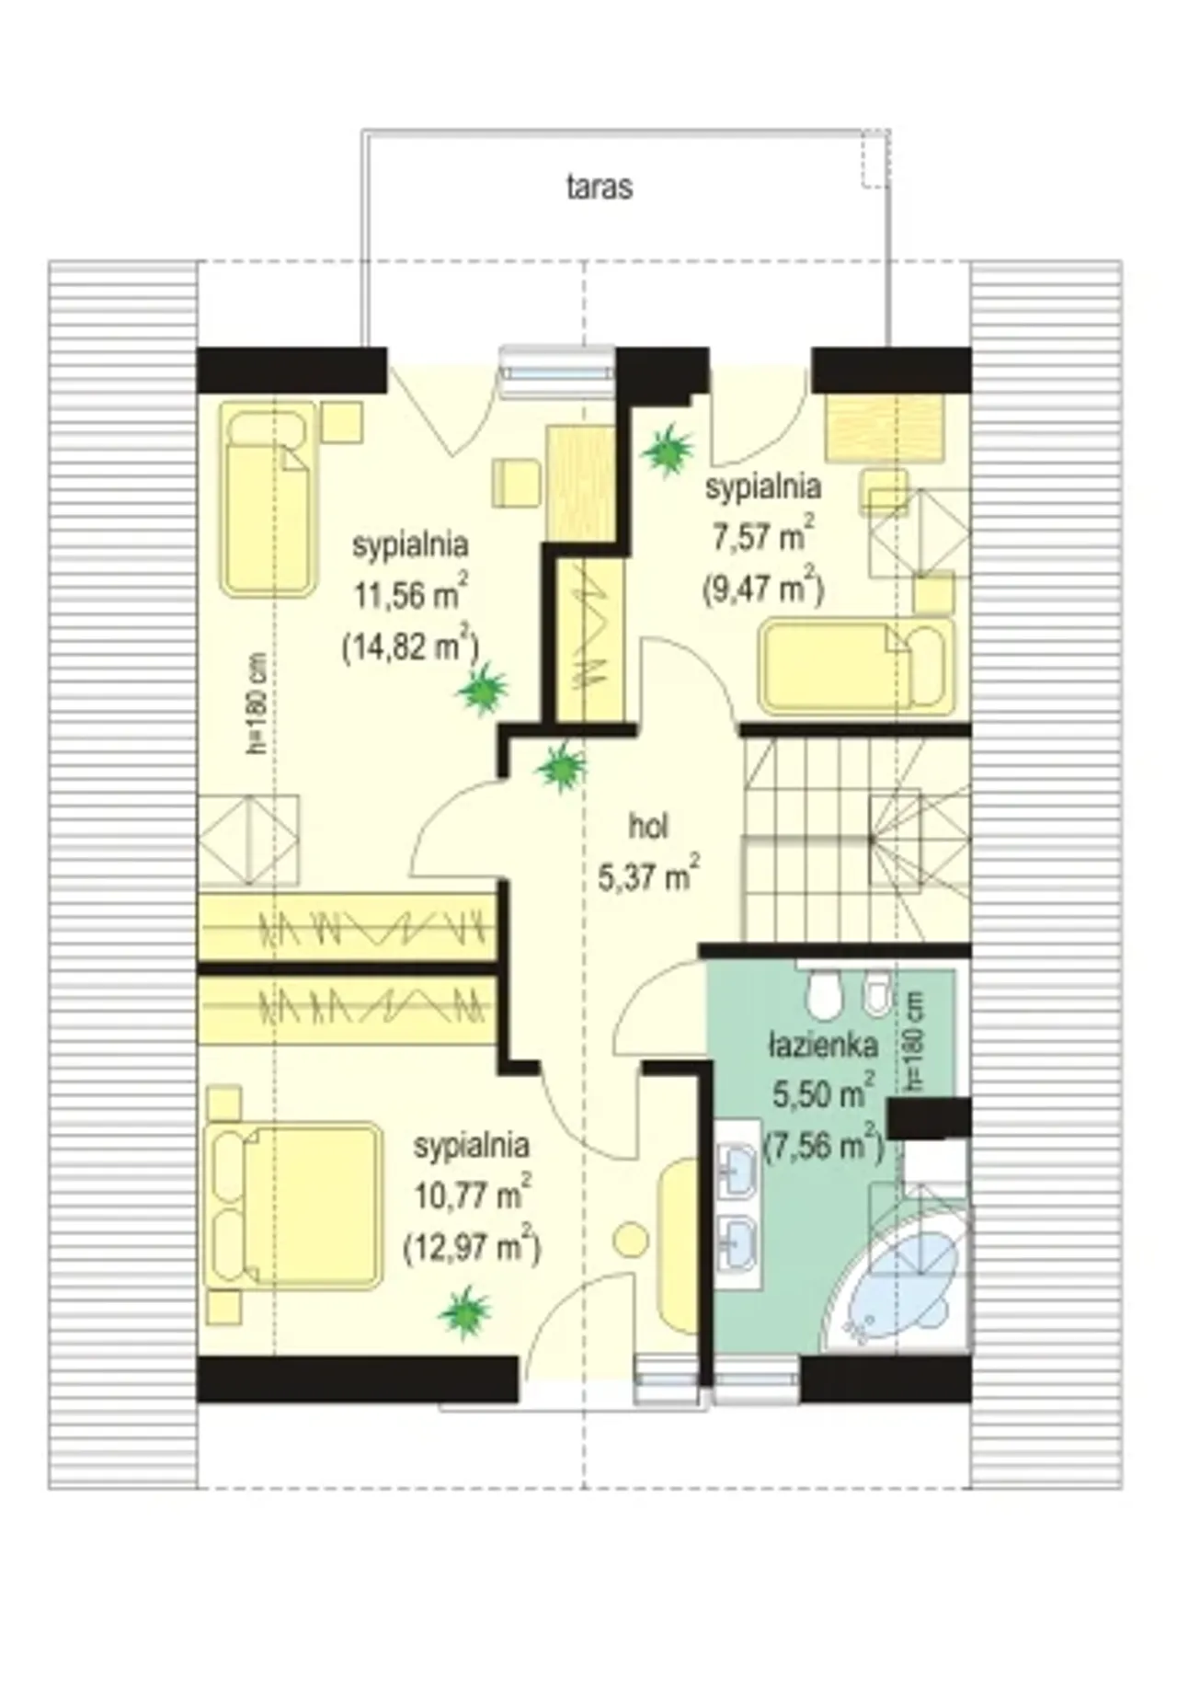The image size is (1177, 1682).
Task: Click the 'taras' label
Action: pos(599,187)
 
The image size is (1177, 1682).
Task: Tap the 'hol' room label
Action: pos(648,826)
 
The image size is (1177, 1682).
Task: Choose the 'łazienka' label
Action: pos(823,1046)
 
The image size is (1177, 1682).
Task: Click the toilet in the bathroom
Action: pos(823,992)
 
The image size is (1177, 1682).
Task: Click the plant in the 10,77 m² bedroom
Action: pos(465,1311)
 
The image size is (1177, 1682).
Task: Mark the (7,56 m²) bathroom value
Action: pos(823,1146)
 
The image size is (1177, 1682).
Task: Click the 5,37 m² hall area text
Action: pos(649,875)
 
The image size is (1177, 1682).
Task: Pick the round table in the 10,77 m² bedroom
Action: pos(632,1240)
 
